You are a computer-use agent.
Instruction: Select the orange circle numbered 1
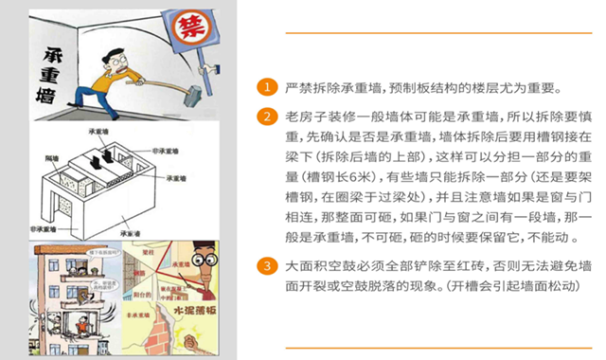270,88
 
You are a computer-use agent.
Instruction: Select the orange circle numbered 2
270,118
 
